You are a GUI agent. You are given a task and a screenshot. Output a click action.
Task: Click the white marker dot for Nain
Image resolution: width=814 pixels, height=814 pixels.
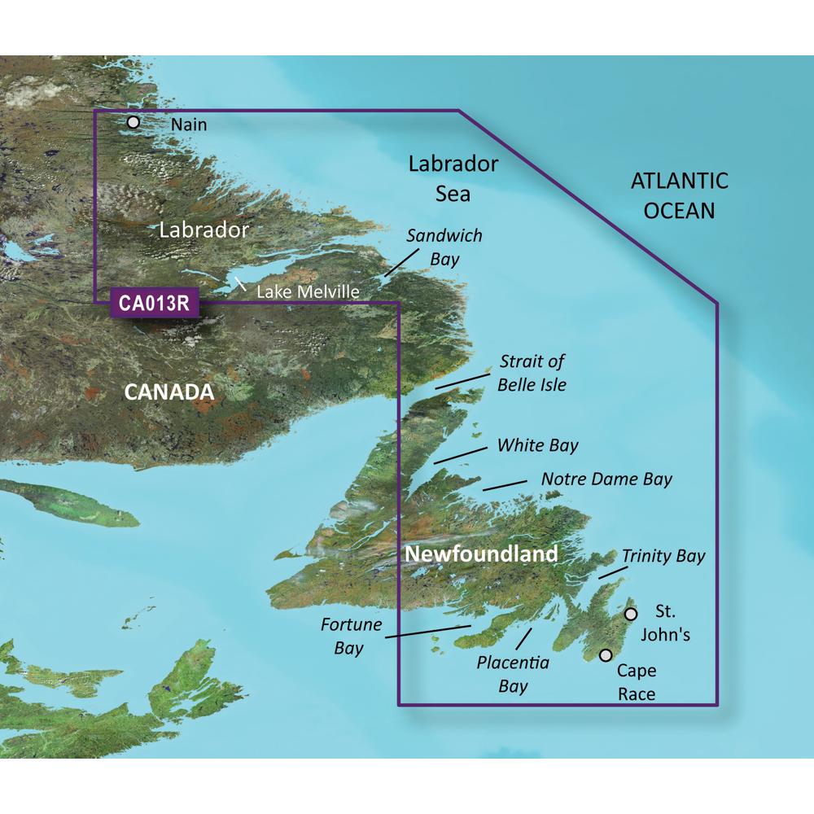coord(133,123)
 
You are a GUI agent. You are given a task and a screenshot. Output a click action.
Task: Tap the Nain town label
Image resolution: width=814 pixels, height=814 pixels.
coord(190,125)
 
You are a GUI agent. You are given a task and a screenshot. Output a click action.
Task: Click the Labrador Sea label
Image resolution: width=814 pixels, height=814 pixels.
coord(453,179)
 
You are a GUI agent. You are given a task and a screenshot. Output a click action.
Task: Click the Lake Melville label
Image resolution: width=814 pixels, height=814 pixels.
coord(308,291)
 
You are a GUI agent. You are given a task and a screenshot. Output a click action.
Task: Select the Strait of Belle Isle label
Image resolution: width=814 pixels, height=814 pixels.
coord(532,372)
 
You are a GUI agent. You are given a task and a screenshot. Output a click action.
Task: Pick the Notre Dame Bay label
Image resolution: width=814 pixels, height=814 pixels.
coord(606,479)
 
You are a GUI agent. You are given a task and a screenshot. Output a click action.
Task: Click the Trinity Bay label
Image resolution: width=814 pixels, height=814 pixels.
coord(663,557)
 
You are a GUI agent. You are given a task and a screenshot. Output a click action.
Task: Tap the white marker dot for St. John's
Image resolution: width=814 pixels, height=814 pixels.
coord(630,613)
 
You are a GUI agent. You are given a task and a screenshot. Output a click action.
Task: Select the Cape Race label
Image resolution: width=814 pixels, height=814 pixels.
coord(636,682)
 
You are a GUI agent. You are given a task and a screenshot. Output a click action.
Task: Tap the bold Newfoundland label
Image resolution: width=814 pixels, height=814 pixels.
coord(481,555)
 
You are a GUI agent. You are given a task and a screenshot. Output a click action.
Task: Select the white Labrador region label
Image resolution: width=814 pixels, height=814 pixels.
coord(203,230)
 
